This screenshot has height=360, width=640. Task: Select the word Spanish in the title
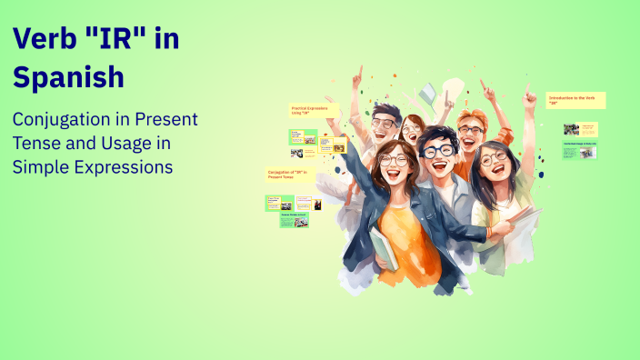[68, 76]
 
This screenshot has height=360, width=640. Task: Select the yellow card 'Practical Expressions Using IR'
[314, 110]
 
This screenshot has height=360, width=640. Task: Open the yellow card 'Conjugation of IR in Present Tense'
[290, 175]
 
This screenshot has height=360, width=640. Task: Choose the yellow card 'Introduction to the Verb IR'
[575, 100]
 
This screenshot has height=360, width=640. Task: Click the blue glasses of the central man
[439, 151]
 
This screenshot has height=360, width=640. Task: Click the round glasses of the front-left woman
[394, 160]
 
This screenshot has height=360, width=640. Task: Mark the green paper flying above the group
[426, 93]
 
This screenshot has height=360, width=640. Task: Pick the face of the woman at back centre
[414, 132]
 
